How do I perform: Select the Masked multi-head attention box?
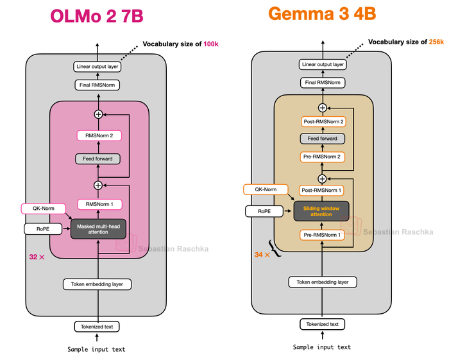click(x=98, y=228)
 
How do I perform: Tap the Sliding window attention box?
click(x=321, y=210)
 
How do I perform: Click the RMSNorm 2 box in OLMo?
click(x=98, y=135)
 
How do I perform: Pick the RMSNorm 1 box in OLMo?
click(x=98, y=205)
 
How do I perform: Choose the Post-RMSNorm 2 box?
click(x=323, y=122)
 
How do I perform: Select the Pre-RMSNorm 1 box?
click(x=322, y=236)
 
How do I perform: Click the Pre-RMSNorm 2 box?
click(x=323, y=157)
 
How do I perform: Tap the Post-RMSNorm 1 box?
click(x=322, y=191)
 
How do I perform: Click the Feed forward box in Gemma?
click(x=323, y=139)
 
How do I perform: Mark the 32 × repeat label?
click(x=37, y=257)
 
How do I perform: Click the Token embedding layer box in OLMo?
click(x=97, y=284)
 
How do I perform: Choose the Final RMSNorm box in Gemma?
click(x=323, y=83)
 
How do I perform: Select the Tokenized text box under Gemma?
click(x=322, y=324)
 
